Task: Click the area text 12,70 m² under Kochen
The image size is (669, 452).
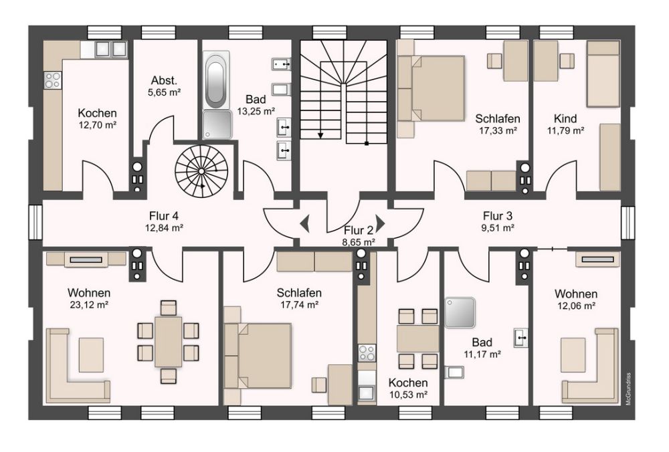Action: (x=98, y=124)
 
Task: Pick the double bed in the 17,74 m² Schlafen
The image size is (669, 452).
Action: (x=262, y=355)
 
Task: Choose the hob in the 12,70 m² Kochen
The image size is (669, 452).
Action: (x=53, y=80)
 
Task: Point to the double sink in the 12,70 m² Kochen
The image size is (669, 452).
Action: (x=111, y=49)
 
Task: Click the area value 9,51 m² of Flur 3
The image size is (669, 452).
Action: (x=498, y=227)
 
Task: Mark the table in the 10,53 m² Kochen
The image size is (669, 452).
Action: (x=418, y=338)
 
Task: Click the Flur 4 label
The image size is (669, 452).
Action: (x=163, y=216)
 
